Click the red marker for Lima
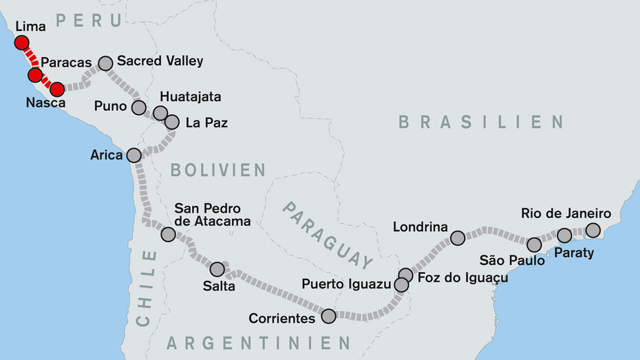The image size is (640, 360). (21, 43)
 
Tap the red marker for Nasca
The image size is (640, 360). (57, 89)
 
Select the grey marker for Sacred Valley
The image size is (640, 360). (105, 63)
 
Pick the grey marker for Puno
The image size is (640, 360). (139, 107)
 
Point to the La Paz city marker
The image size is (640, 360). (172, 122)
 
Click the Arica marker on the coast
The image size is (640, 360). (134, 155)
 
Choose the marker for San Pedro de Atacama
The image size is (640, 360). (168, 234)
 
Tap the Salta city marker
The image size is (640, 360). (217, 269)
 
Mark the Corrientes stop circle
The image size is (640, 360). (328, 316)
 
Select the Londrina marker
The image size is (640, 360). (458, 238)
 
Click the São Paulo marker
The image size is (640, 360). (534, 244)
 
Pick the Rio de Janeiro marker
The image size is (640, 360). (593, 230)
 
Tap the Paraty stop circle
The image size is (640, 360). (564, 235)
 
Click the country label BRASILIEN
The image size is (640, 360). (481, 123)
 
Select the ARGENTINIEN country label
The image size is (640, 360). (259, 342)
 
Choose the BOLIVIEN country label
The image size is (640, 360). (217, 170)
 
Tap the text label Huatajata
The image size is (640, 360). (191, 97)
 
